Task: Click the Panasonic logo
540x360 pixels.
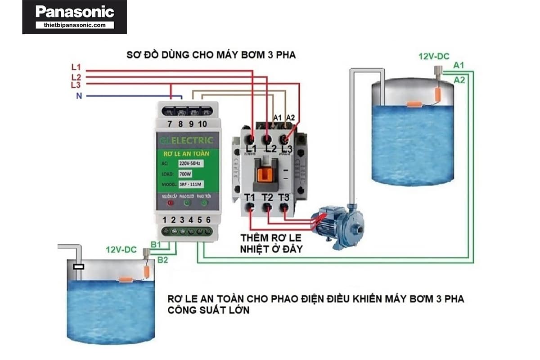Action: coord(74,12)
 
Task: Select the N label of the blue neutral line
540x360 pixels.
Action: coord(79,96)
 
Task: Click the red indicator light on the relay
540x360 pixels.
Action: coord(170,203)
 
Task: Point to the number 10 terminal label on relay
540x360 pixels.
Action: coord(202,124)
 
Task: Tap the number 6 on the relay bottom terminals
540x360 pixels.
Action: coord(208,220)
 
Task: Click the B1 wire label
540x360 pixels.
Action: coord(156,244)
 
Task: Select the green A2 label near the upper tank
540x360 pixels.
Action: coord(459,80)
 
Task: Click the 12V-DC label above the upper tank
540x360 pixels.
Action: coord(434,57)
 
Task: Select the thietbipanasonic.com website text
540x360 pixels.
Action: coord(74,25)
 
